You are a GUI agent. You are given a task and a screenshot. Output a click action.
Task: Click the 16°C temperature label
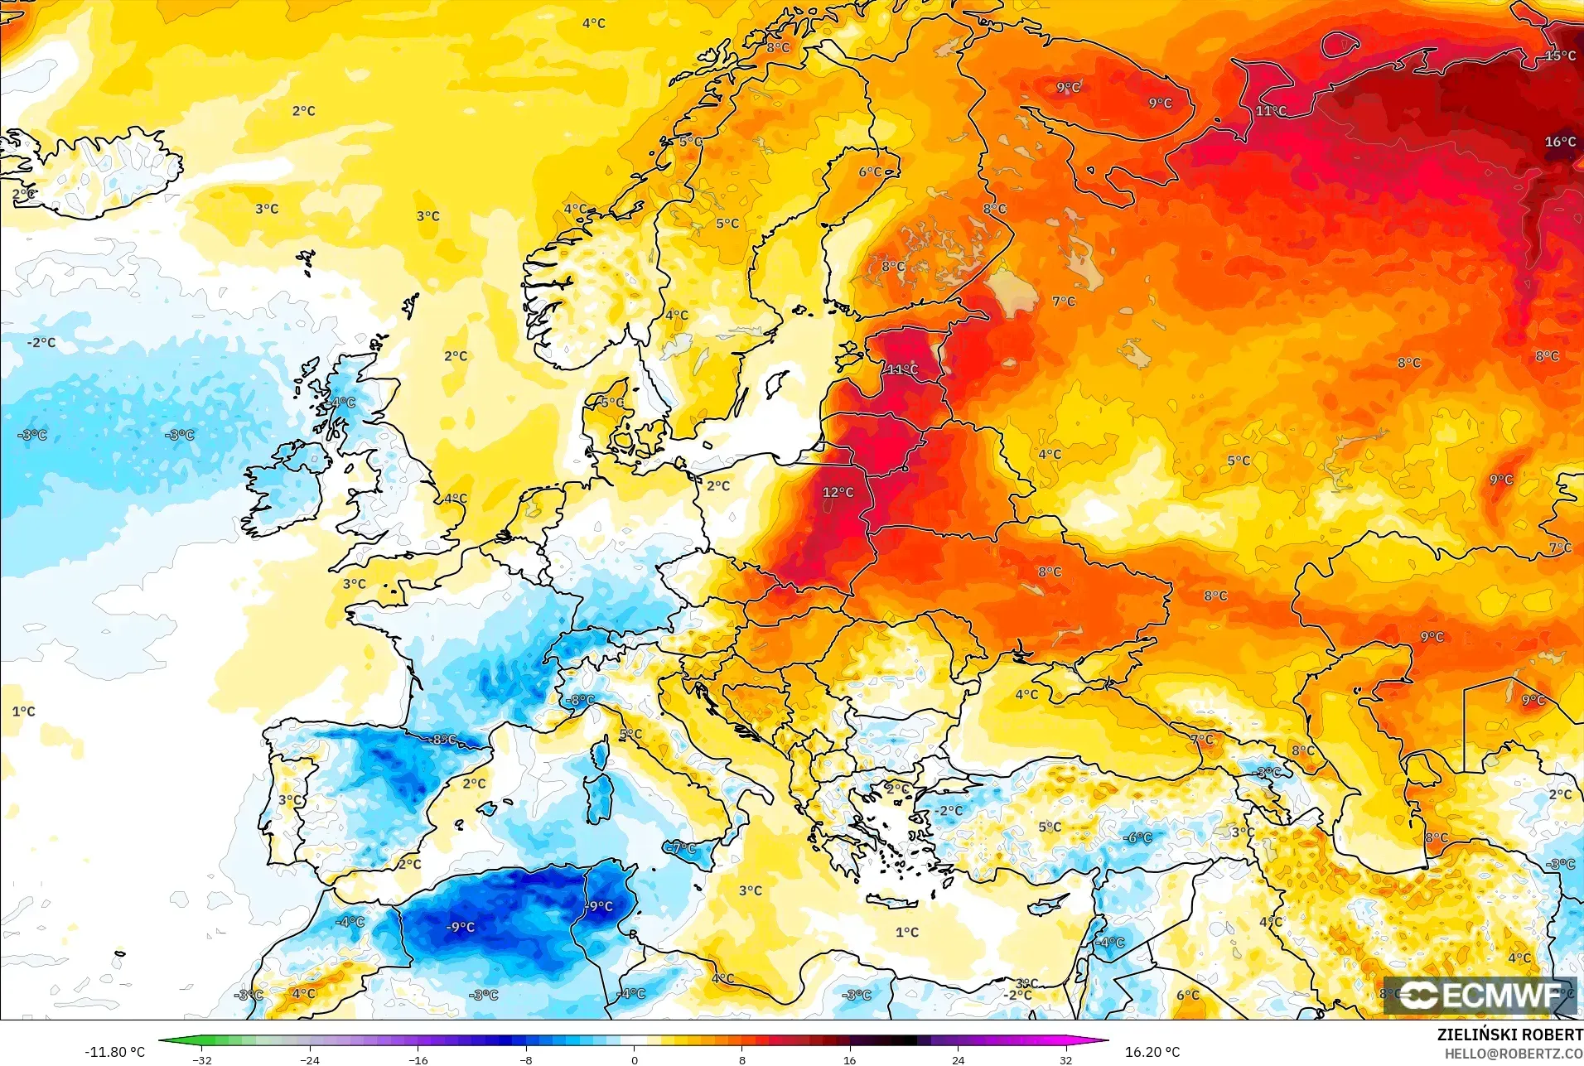click(x=1560, y=142)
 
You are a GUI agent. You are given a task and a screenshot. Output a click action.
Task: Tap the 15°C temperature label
click(x=1560, y=55)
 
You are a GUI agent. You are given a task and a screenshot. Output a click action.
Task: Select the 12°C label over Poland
click(x=838, y=492)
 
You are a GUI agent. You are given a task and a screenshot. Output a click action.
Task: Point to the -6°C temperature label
click(x=1137, y=837)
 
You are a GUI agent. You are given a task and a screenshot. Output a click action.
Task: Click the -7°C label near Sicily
click(x=683, y=847)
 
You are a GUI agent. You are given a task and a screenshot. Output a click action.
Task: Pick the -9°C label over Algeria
click(x=461, y=927)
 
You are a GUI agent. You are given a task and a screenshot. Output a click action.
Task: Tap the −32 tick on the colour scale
click(x=202, y=1059)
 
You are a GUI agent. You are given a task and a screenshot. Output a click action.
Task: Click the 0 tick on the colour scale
click(x=634, y=1059)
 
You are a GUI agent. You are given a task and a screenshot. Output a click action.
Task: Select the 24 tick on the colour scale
click(x=958, y=1059)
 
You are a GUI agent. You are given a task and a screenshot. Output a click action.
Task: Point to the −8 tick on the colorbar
click(x=526, y=1059)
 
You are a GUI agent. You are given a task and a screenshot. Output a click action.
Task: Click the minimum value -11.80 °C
click(x=114, y=1052)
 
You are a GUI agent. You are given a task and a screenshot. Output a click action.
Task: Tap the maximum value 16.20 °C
click(x=1152, y=1052)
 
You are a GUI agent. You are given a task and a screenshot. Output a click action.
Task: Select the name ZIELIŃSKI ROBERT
click(x=1509, y=1035)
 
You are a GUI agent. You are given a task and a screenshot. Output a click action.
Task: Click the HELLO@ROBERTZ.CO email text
click(x=1514, y=1054)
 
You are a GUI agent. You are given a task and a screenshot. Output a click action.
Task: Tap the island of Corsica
click(x=600, y=751)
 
